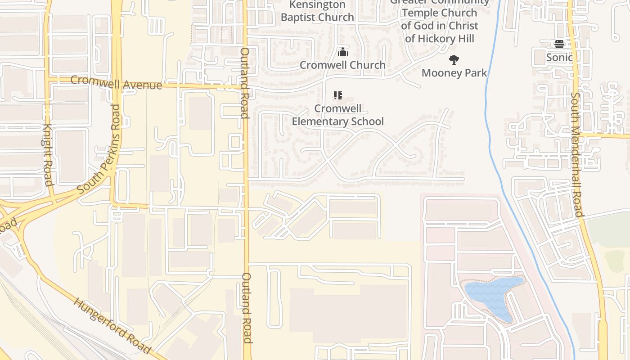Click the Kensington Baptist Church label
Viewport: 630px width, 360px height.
tap(317, 11)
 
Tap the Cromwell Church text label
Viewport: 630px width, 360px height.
tap(342, 65)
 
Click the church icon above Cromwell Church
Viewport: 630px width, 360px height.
tap(343, 52)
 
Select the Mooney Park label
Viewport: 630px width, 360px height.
tap(454, 72)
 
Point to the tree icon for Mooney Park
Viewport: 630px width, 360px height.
tap(454, 59)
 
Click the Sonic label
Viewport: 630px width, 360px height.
tap(559, 57)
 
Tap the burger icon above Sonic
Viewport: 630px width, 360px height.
tap(559, 44)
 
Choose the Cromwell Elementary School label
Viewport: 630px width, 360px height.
tap(337, 115)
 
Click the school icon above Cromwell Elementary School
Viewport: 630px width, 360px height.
tap(338, 95)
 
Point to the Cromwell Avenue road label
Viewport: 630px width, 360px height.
tap(116, 82)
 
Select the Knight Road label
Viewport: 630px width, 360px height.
tap(48, 154)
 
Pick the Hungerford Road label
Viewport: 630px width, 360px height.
tap(112, 325)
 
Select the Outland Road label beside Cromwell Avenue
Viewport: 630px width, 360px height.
tap(245, 83)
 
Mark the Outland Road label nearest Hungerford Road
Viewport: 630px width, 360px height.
tap(247, 308)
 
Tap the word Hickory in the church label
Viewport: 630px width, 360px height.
tap(440, 39)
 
